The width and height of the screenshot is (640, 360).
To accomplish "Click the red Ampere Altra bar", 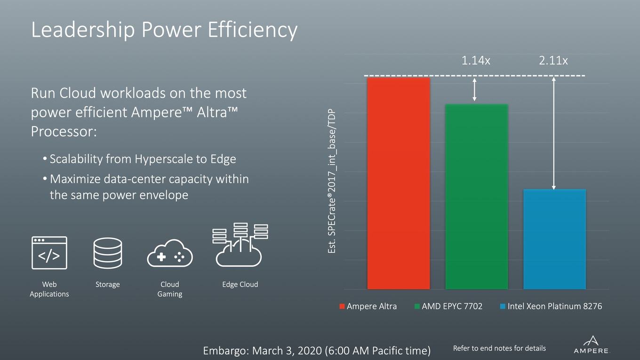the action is click(x=399, y=184).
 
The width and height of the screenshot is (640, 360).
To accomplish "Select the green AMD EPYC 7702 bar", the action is click(x=477, y=197).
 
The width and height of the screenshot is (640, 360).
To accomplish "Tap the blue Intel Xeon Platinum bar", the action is click(x=554, y=239).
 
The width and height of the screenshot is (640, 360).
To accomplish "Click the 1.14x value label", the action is click(x=476, y=61).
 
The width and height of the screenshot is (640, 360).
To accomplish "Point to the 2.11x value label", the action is click(x=553, y=61).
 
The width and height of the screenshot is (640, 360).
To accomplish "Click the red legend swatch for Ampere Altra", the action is click(x=342, y=306).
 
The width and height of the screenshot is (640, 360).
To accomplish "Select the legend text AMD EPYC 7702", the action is click(x=452, y=306).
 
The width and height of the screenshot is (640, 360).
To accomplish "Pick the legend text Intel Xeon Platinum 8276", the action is click(x=554, y=306).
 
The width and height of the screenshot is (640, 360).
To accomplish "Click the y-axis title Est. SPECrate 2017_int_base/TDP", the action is click(x=331, y=181).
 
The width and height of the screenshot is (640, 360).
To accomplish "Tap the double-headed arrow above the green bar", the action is click(x=474, y=90).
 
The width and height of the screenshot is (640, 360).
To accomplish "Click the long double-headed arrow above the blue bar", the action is click(x=554, y=134).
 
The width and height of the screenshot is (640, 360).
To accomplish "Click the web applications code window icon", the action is click(x=49, y=253).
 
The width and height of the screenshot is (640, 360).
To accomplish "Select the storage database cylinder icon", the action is click(x=108, y=253).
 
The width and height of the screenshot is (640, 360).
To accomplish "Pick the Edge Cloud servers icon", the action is click(x=240, y=245).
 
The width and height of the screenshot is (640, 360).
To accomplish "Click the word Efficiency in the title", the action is click(x=253, y=30).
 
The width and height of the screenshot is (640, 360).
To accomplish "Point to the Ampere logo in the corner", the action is click(x=591, y=345).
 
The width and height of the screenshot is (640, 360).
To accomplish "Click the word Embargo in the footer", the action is click(x=225, y=351).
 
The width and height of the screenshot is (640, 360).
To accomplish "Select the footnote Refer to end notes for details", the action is click(x=499, y=348).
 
